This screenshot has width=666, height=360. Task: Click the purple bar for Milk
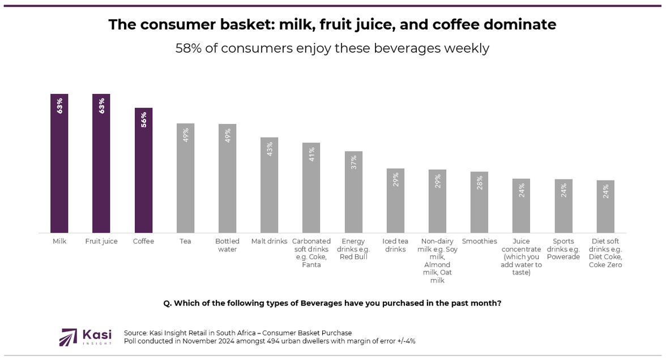click(59, 170)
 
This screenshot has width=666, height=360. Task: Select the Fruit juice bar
click(101, 170)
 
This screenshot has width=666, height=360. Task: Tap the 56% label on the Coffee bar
click(143, 119)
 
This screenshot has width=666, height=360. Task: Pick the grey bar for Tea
click(185, 181)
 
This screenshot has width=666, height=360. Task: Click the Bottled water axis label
click(227, 245)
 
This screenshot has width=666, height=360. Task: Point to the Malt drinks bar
click(269, 187)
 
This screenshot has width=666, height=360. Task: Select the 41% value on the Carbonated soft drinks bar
click(311, 155)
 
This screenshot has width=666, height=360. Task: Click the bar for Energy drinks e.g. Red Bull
click(353, 195)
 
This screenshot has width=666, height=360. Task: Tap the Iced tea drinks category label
click(395, 245)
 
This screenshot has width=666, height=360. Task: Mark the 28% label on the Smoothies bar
click(480, 183)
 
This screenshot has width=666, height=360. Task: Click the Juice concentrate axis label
click(521, 257)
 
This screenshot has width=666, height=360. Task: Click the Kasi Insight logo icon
click(69, 337)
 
